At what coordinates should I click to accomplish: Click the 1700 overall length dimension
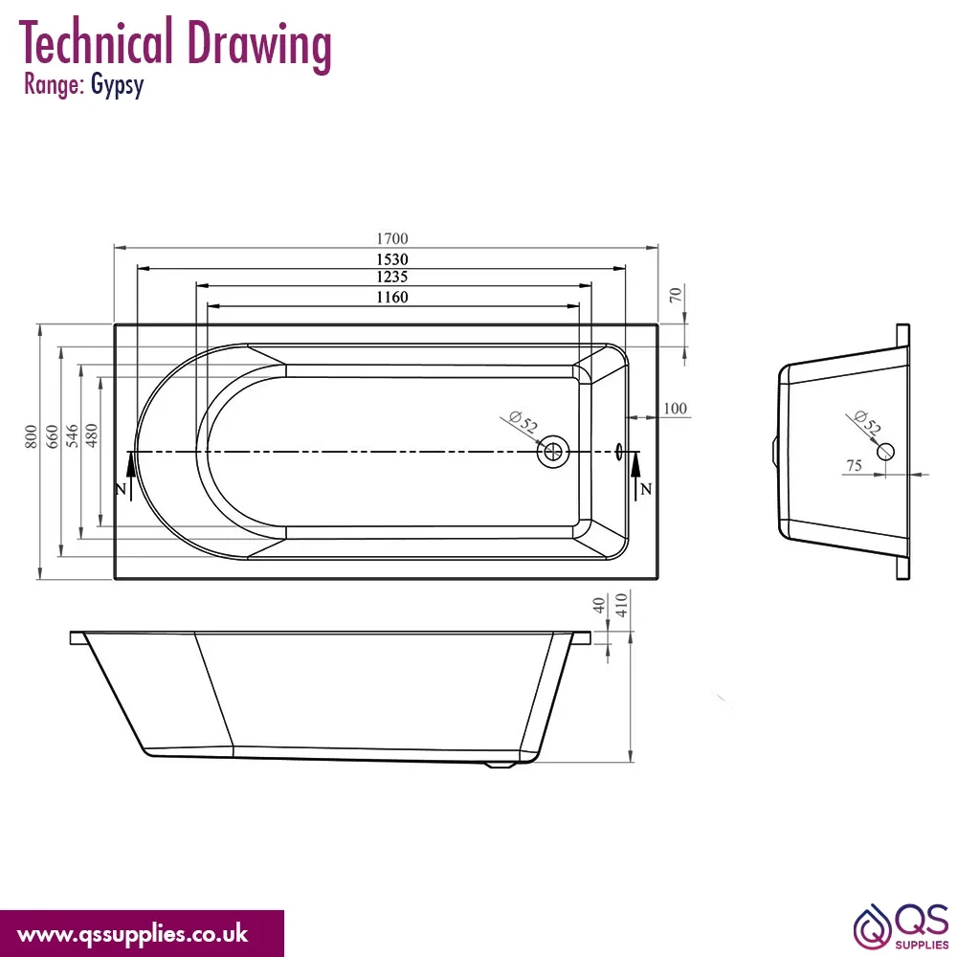pyautogui.click(x=391, y=238)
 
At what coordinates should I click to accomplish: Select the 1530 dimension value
pyautogui.click(x=391, y=259)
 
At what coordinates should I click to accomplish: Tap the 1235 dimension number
pyautogui.click(x=391, y=278)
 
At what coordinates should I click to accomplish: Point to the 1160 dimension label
pyautogui.click(x=391, y=298)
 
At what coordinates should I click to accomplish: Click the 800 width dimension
pyautogui.click(x=32, y=436)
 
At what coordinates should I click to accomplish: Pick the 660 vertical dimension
pyautogui.click(x=53, y=436)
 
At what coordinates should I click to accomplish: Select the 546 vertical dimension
pyautogui.click(x=72, y=435)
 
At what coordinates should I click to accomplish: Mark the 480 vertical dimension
pyautogui.click(x=92, y=435)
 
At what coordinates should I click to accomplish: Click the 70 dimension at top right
pyautogui.click(x=675, y=296)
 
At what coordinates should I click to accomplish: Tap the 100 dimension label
pyautogui.click(x=675, y=409)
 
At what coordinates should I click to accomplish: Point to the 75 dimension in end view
pyautogui.click(x=854, y=466)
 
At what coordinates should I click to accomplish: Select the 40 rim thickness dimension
pyautogui.click(x=599, y=606)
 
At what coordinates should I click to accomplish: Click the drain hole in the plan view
pyautogui.click(x=553, y=453)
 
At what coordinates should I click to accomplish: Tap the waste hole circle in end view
pyautogui.click(x=885, y=452)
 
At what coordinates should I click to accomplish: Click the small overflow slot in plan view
pyautogui.click(x=619, y=452)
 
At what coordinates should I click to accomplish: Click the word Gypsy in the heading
pyautogui.click(x=117, y=85)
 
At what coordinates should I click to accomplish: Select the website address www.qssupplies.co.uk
pyautogui.click(x=132, y=934)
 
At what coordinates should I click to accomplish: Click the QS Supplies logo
pyautogui.click(x=901, y=926)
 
